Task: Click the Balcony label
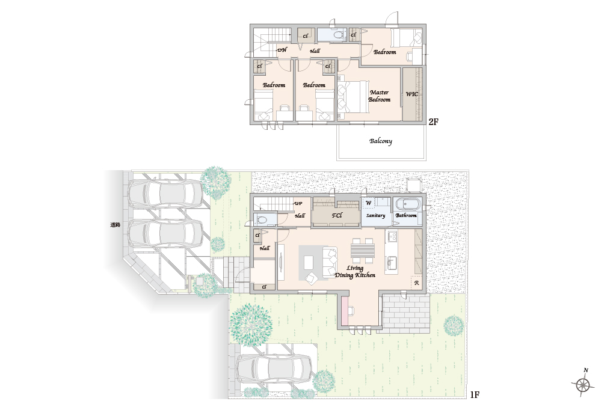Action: pyautogui.click(x=380, y=141)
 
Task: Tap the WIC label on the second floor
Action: pyautogui.click(x=411, y=94)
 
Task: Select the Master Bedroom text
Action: pyautogui.click(x=379, y=96)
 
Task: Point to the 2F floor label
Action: pyautogui.click(x=433, y=122)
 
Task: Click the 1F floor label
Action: pyautogui.click(x=475, y=395)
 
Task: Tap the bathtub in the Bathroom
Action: pyautogui.click(x=408, y=204)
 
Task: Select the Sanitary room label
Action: pyautogui.click(x=375, y=216)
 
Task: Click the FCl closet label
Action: pyautogui.click(x=337, y=215)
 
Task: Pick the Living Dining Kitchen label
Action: pyautogui.click(x=355, y=271)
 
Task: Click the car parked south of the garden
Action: pyautogui.click(x=274, y=369)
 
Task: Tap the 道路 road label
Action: pyautogui.click(x=115, y=225)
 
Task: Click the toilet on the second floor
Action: pyautogui.click(x=337, y=35)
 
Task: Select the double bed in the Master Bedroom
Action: pyautogui.click(x=353, y=97)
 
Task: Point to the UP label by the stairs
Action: pyautogui.click(x=298, y=203)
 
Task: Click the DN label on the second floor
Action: pyautogui.click(x=282, y=50)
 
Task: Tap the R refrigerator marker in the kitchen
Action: pyautogui.click(x=416, y=283)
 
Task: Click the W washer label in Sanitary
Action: pyautogui.click(x=368, y=203)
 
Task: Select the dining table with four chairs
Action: pyautogui.click(x=363, y=251)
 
